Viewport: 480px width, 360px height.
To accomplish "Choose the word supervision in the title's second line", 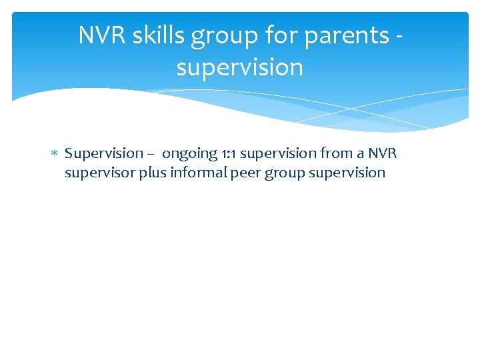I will [239, 68].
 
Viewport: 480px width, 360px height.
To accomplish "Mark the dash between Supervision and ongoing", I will [152, 154].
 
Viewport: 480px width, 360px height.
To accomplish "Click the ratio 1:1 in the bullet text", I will [229, 154].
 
